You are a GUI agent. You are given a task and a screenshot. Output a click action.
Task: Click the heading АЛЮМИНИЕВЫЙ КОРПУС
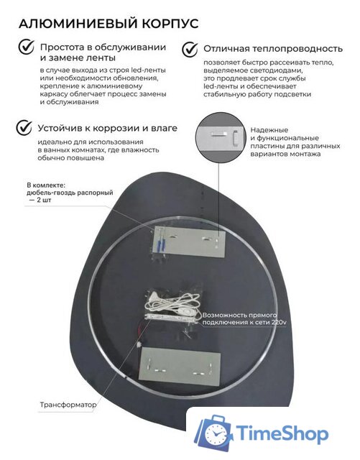point(107,24)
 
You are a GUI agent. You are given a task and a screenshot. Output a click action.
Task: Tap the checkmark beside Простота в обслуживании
point(26,47)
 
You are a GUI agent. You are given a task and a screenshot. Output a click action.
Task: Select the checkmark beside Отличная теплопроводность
point(190,49)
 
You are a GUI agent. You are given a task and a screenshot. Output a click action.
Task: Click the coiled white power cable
point(172,303)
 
